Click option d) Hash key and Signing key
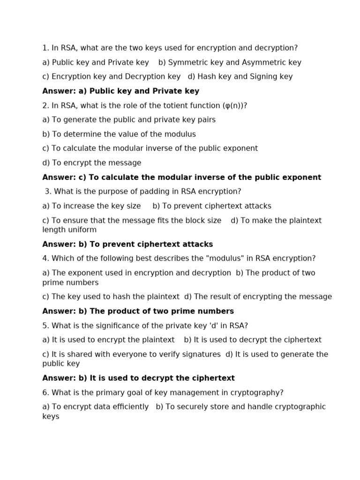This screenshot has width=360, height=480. (240, 76)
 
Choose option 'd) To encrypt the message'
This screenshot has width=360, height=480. (92, 163)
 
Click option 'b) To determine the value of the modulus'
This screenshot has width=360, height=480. (119, 134)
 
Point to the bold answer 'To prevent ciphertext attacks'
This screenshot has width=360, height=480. (151, 244)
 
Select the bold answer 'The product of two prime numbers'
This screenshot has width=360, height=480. (161, 311)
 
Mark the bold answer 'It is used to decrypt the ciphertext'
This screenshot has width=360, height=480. (162, 378)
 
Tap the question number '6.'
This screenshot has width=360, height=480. (45, 393)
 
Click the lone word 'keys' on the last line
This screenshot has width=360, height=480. (51, 416)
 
